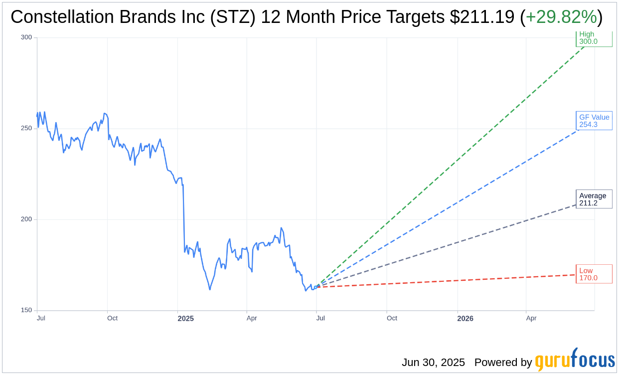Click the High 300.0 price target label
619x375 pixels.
[x=594, y=38]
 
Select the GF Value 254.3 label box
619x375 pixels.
[x=594, y=121]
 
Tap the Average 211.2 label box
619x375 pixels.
[x=594, y=199]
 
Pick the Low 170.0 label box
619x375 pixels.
[x=594, y=274]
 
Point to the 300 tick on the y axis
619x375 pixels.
[x=26, y=37]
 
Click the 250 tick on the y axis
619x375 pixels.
[x=26, y=128]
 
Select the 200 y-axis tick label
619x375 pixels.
[x=26, y=219]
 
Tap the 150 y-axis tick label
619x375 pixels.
[x=26, y=310]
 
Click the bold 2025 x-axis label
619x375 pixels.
[x=185, y=318]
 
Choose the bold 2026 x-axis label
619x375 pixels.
[x=465, y=318]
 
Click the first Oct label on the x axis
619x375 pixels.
[x=112, y=318]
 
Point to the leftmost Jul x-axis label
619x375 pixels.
[x=41, y=318]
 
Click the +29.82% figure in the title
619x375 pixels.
[x=561, y=17]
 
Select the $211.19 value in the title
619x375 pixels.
[x=482, y=17]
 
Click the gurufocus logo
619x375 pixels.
[x=575, y=360]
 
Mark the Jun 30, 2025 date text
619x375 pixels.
[x=433, y=363]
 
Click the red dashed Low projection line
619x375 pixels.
[x=449, y=281]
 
